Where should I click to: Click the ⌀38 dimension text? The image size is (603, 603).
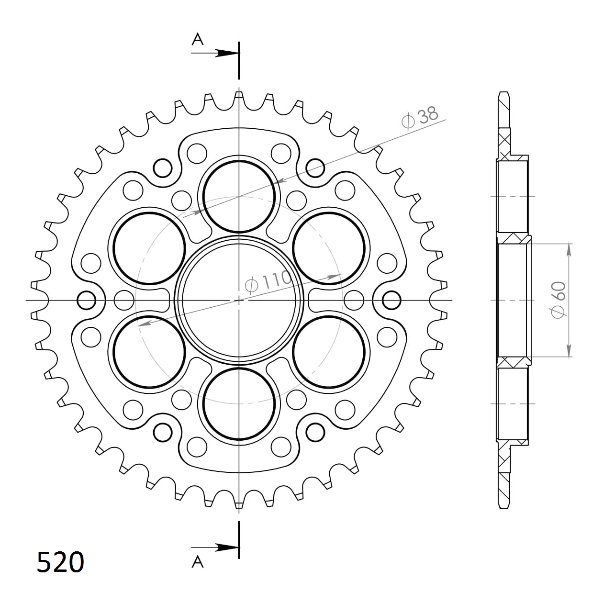420,118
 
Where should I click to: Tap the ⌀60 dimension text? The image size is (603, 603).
559,300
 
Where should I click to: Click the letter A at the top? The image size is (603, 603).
198,40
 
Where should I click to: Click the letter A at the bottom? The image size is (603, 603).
198,562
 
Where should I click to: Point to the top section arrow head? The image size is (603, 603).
226,53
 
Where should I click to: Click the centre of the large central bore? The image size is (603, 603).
239,301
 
